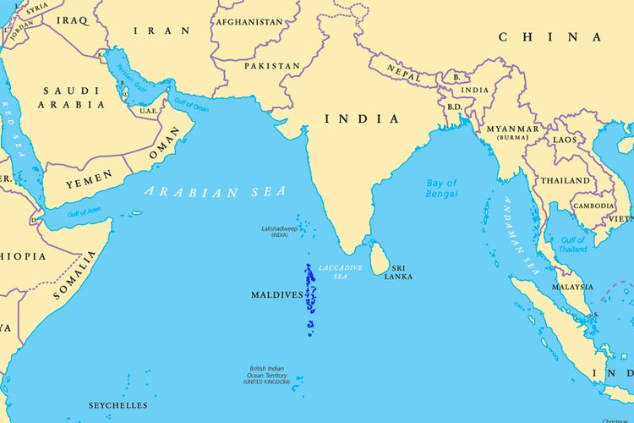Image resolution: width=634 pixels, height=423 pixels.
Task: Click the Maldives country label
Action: click(x=276, y=295)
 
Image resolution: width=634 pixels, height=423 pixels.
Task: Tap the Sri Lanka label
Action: click(x=398, y=272)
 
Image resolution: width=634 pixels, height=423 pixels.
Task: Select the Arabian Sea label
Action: click(x=215, y=192)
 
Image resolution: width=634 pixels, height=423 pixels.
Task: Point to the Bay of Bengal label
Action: click(x=441, y=188)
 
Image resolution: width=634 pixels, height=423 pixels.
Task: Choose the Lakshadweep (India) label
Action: click(x=280, y=232)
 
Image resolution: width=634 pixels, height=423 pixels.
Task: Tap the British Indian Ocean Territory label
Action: click(x=266, y=376)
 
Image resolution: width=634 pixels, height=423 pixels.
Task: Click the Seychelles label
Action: click(x=118, y=405)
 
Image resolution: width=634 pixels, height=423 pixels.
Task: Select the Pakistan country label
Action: click(x=272, y=65)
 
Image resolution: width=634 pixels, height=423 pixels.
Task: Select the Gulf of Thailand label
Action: click(x=573, y=244)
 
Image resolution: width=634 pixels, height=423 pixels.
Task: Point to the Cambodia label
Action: click(x=593, y=206)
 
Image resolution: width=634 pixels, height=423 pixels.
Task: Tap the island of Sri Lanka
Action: click(x=379, y=260)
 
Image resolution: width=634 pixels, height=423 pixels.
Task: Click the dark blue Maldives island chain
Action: click(x=309, y=296)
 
